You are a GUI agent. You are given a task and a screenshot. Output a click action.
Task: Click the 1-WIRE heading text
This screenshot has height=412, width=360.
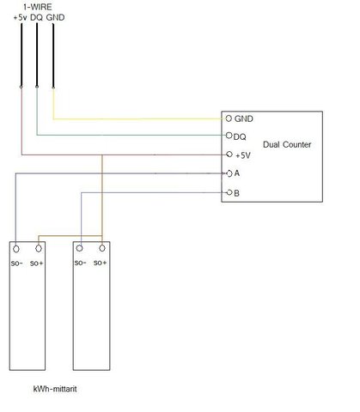click(x=38, y=7)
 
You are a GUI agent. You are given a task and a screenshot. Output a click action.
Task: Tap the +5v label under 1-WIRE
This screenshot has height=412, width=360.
click(x=20, y=17)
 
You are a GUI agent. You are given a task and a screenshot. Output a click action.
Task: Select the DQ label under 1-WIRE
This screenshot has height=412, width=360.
click(x=36, y=17)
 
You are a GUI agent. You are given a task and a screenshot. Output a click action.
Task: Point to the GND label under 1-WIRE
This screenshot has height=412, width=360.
click(x=55, y=17)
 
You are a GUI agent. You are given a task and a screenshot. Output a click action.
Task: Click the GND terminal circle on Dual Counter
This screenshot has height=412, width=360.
click(x=229, y=118)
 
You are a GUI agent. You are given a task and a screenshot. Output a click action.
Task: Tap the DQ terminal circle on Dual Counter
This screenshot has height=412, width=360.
click(x=229, y=136)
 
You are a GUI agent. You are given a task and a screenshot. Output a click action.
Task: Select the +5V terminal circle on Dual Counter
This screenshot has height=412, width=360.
click(x=229, y=154)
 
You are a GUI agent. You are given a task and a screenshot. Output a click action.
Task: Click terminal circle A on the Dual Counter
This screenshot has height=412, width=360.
click(x=229, y=173)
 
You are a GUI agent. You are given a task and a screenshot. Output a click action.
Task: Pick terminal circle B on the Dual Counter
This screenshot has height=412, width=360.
click(x=229, y=192)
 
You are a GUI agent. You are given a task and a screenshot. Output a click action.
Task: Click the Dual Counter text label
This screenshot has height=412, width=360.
click(x=287, y=144)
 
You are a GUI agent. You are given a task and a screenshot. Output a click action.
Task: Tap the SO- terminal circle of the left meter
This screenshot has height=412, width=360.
click(x=16, y=249)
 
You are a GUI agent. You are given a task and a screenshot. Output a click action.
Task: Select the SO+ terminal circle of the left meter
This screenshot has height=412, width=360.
click(x=39, y=249)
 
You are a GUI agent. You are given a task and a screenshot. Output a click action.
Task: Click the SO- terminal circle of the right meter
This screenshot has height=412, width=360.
click(x=80, y=248)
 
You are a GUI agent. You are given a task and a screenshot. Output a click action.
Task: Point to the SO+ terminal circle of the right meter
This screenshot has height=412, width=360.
click(x=102, y=248)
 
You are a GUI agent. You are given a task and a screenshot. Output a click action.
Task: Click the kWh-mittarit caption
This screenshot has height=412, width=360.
click(x=55, y=389)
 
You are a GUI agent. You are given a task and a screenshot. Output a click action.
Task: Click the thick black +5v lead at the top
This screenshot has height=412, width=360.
click(x=21, y=55)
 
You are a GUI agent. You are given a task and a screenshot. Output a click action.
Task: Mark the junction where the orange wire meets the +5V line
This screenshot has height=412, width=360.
click(x=102, y=155)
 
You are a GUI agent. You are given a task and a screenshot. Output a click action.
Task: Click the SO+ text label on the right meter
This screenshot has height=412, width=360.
click(x=101, y=263)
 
